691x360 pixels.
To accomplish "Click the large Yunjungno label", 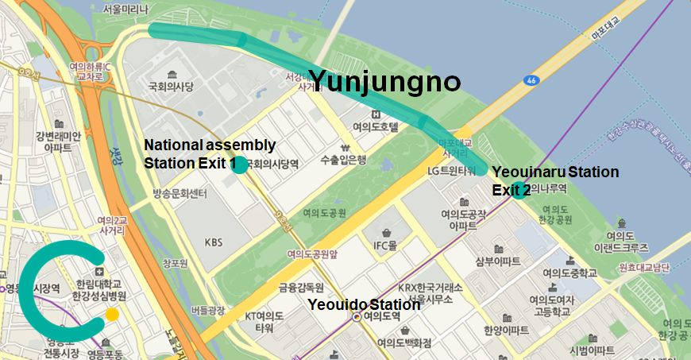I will coord(384,81).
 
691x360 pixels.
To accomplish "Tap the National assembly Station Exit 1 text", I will coord(210,154).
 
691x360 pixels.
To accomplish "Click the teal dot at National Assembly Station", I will coord(237,165).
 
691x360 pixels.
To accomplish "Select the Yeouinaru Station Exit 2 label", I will coord(554,180).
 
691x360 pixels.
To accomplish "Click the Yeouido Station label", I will coord(364,305).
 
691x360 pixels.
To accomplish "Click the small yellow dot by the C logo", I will coord(113,315).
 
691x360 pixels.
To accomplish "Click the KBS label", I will coord(214,242).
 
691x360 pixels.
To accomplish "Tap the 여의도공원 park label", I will coord(324,213).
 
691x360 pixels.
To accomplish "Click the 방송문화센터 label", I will coord(180,194).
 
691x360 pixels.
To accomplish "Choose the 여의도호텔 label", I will coord(375,126).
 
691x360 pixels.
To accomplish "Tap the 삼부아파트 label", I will coord(498,261).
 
